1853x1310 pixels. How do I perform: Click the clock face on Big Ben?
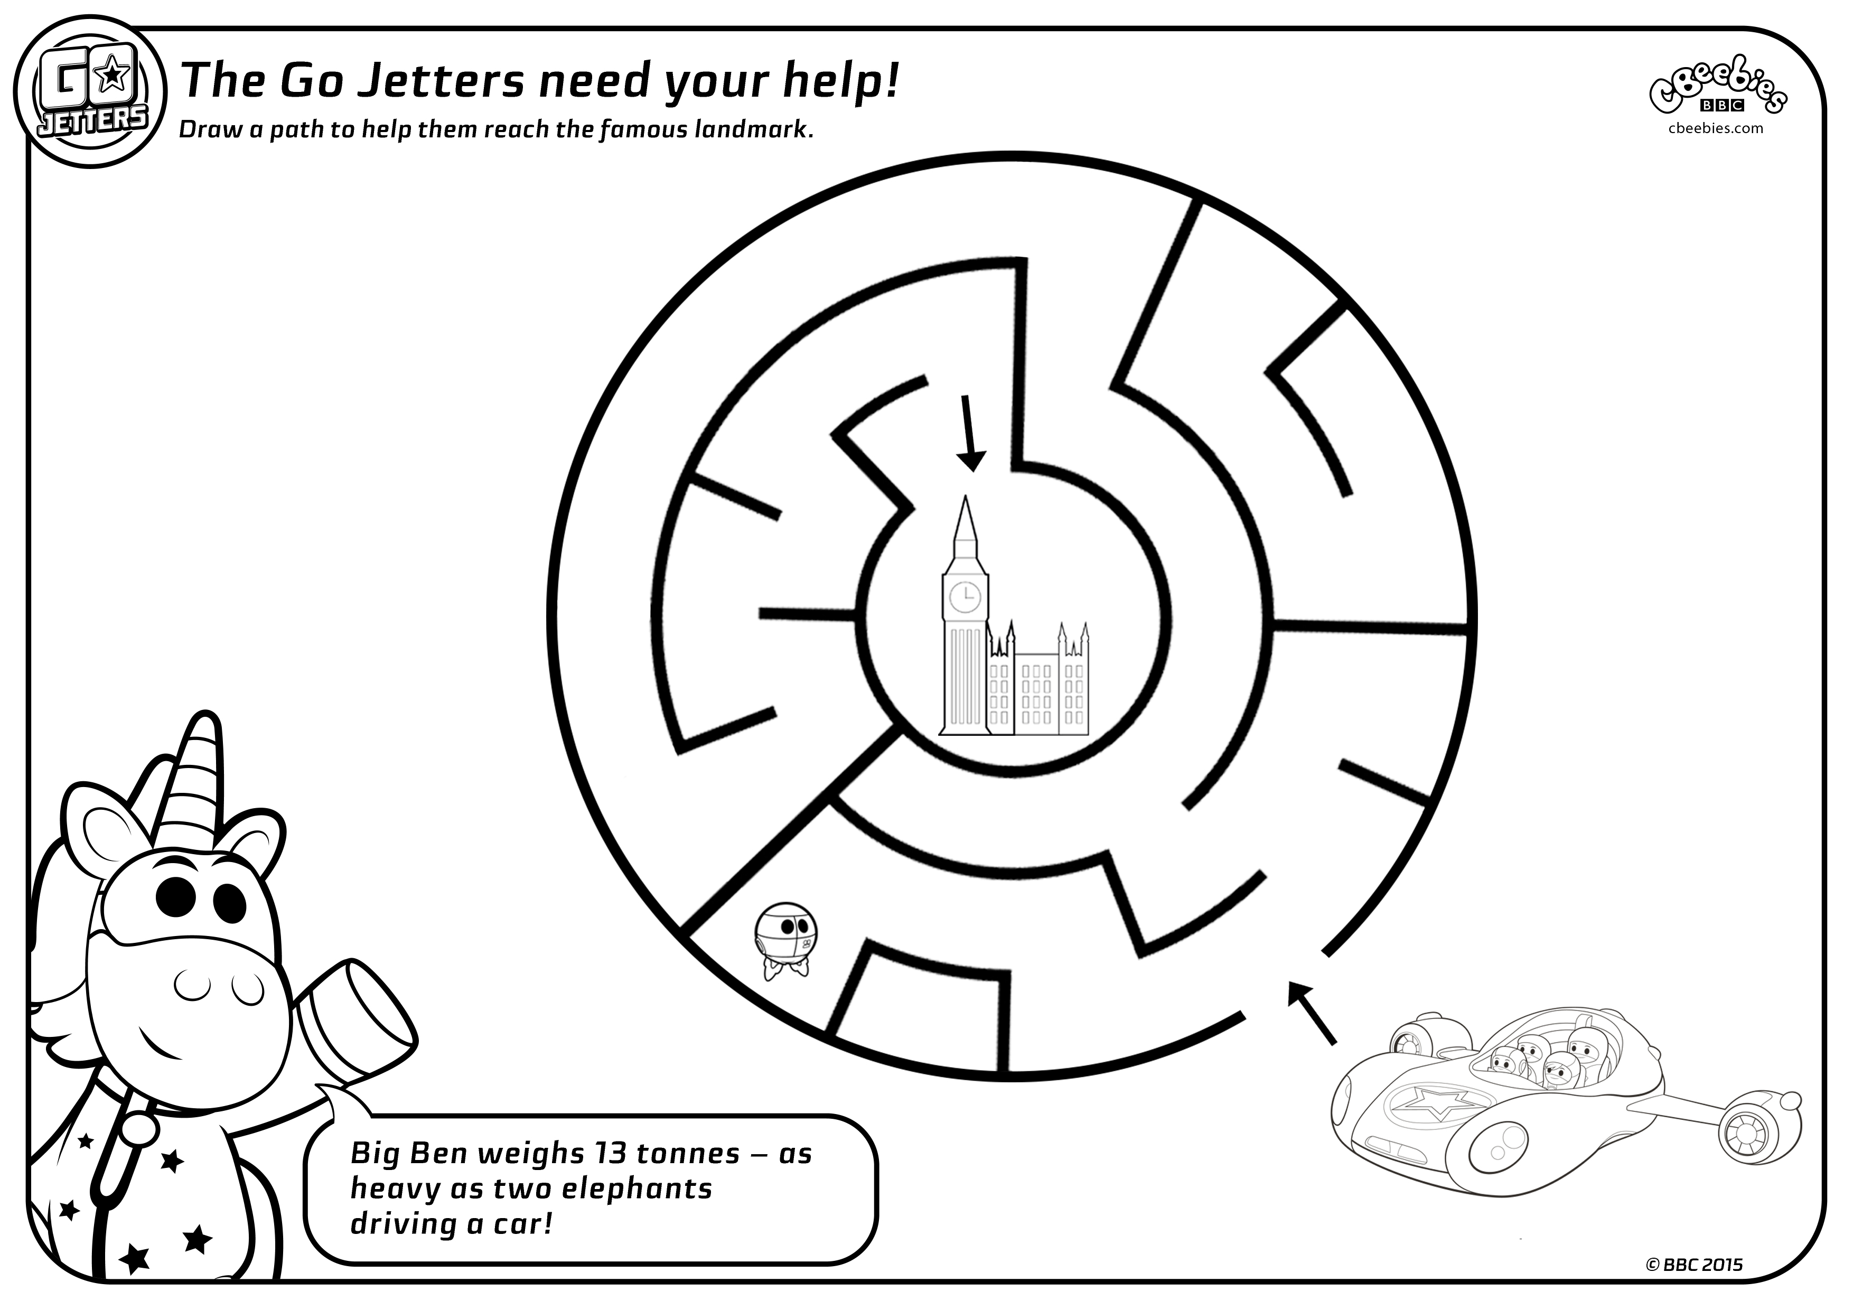pyautogui.click(x=965, y=597)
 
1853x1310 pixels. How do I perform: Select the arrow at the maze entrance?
pyautogui.click(x=1312, y=1014)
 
